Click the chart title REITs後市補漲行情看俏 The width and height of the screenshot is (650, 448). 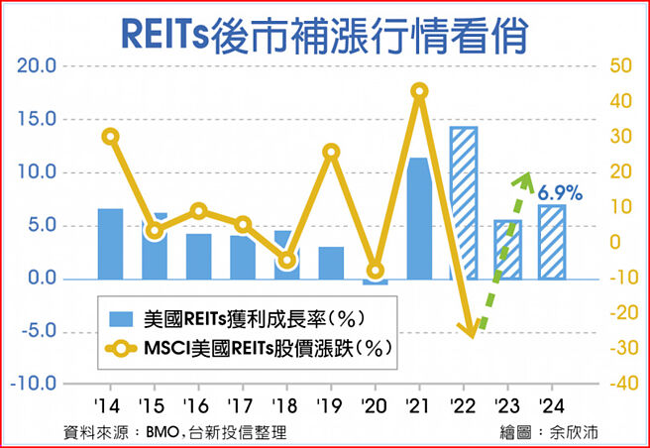click(x=324, y=32)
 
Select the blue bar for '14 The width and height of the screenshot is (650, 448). click(x=110, y=243)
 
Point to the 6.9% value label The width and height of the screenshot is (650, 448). click(x=560, y=192)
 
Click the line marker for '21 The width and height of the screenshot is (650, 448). click(x=418, y=91)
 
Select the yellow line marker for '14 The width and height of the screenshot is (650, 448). click(x=110, y=137)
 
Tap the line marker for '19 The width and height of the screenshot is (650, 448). click(x=331, y=152)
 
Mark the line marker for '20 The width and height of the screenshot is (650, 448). click(x=375, y=271)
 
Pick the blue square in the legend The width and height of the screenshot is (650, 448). click(x=121, y=318)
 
